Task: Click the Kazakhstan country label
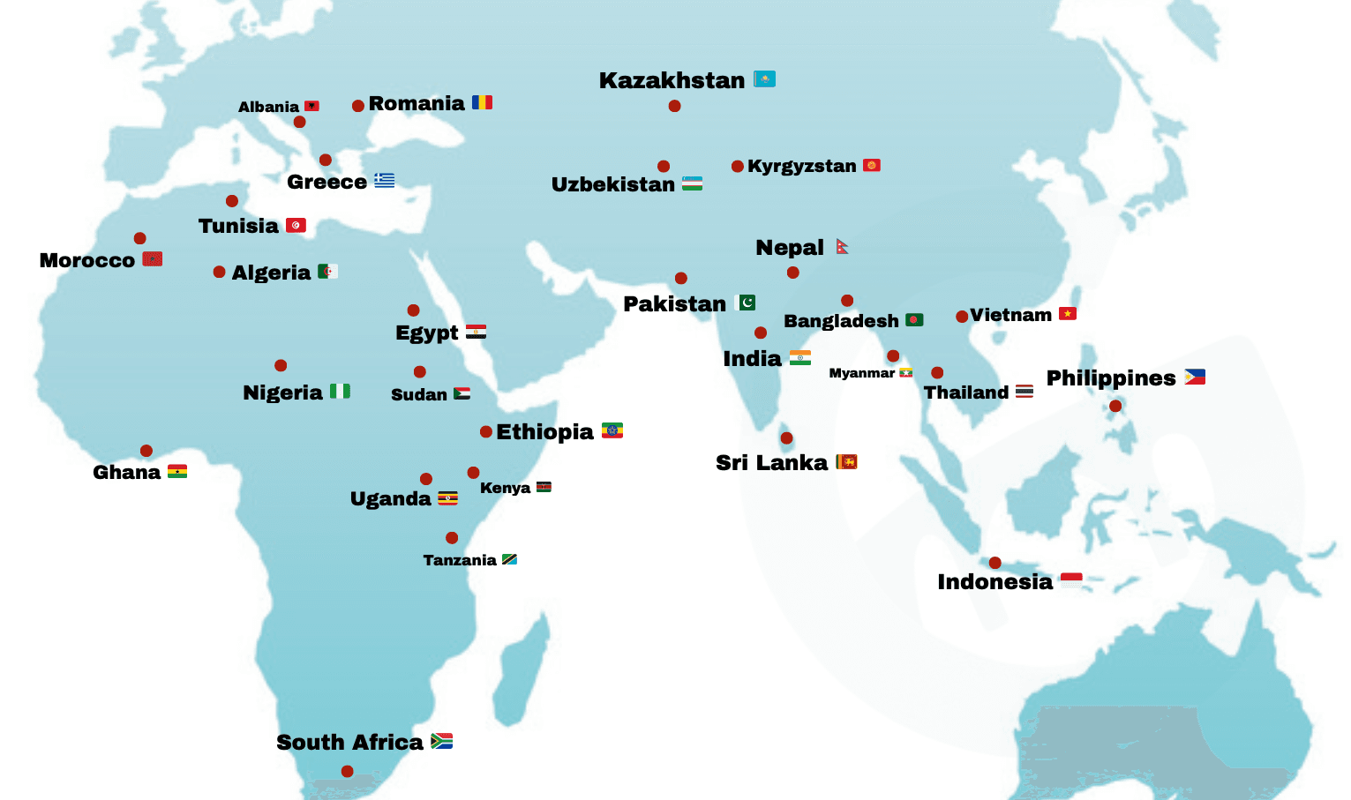tap(672, 80)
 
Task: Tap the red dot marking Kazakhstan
tap(674, 106)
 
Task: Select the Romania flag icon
tap(482, 102)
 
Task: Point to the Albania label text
tap(268, 107)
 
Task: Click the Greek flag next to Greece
tap(384, 181)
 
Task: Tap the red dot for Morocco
tap(139, 238)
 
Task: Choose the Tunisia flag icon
tap(296, 225)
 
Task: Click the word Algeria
tap(271, 273)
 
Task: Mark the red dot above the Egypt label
tap(413, 310)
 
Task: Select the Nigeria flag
tap(340, 391)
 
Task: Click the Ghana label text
tap(126, 472)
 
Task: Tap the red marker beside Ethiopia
tap(486, 431)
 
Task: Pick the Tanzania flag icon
tap(509, 559)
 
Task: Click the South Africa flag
tap(441, 741)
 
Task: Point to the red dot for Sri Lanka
tap(786, 438)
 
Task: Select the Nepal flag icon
tap(842, 246)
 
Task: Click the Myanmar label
tap(861, 373)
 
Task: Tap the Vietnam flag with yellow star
tap(1068, 313)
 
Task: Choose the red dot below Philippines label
tap(1115, 406)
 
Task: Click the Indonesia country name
tap(994, 582)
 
